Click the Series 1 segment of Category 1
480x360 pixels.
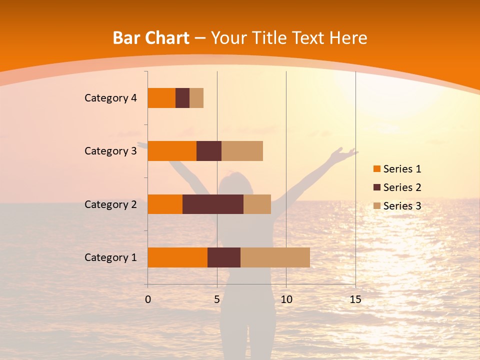[177, 257]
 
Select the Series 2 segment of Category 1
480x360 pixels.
[224, 257]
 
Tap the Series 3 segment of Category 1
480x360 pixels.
[275, 257]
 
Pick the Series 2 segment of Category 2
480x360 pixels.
[213, 204]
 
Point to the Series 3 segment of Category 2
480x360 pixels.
[257, 204]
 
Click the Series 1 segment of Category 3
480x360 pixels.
[172, 150]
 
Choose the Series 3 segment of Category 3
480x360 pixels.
[242, 150]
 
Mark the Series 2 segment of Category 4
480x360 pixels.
[182, 97]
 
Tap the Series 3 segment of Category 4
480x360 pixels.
[196, 97]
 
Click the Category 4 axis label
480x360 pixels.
[110, 98]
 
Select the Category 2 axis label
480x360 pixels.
[110, 204]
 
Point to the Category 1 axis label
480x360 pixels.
[110, 257]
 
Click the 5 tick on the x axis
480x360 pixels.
[217, 299]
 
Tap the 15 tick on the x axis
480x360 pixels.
[355, 299]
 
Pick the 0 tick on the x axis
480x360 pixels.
[148, 299]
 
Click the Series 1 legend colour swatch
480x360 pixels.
[377, 169]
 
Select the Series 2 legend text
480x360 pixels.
[402, 187]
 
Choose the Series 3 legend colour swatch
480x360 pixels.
[377, 206]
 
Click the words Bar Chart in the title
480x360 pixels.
[151, 38]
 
